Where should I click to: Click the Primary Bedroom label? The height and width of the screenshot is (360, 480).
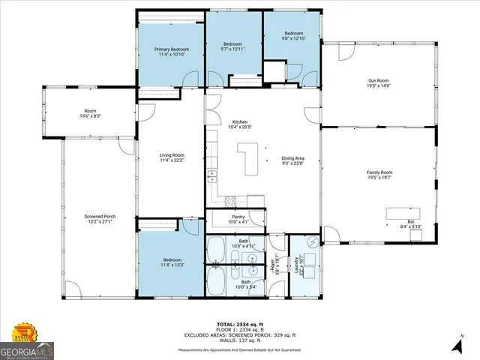point(171,49)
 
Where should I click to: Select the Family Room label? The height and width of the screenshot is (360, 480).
point(379,172)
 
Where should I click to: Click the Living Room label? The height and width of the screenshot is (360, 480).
point(171,155)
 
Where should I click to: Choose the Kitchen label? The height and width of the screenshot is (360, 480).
point(239,121)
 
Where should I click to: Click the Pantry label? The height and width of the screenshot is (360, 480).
point(238,216)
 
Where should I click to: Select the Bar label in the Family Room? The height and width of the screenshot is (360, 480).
point(410,222)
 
